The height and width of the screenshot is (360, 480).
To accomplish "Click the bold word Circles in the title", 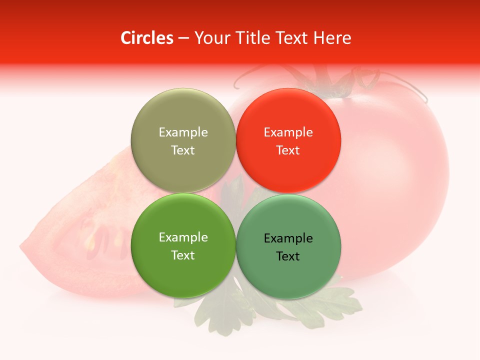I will click(146, 38).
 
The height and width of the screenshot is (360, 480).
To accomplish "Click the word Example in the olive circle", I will click(183, 132).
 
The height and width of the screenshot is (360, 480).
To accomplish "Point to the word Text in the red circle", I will click(288, 150).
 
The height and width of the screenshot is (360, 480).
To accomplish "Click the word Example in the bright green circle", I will click(183, 237).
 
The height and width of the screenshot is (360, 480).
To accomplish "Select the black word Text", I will click(288, 256).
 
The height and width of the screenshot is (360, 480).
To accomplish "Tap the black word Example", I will click(288, 238).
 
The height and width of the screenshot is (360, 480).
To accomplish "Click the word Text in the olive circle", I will click(183, 150).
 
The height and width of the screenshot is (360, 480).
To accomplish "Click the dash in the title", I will click(183, 38).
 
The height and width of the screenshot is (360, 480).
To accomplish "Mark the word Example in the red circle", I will click(288, 132).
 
